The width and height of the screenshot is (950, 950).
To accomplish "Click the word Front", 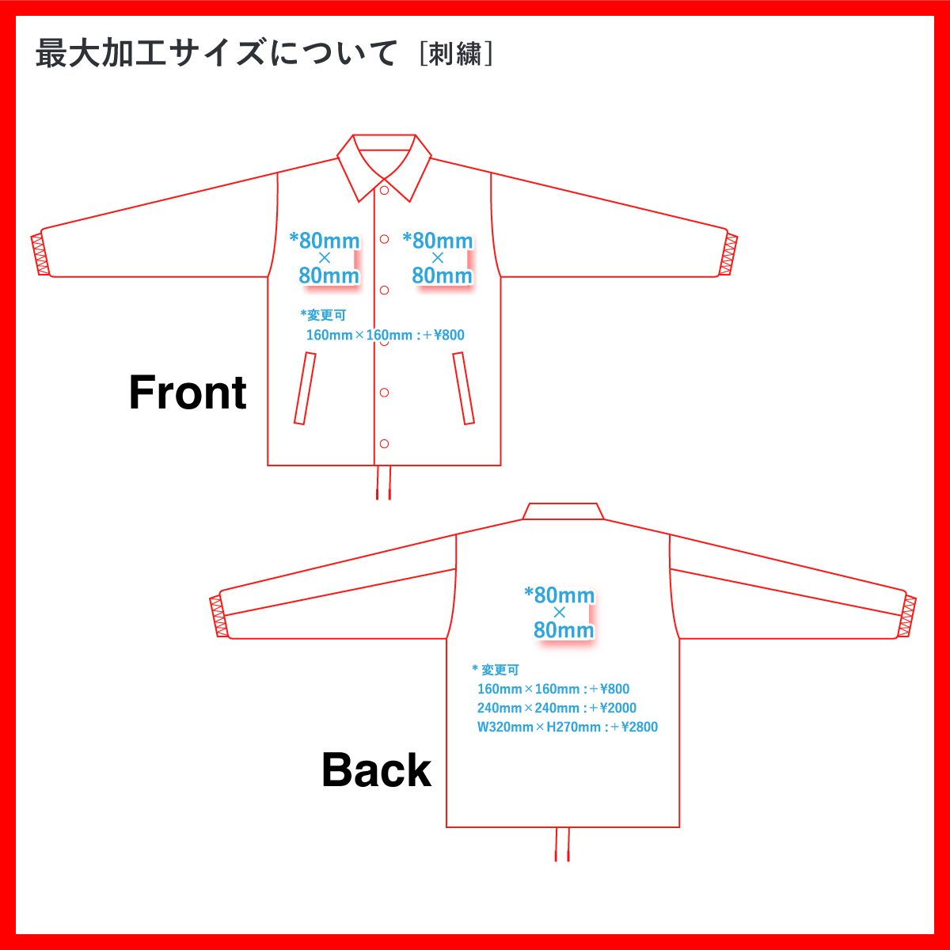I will [188, 393].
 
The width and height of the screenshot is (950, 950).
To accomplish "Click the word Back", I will [376, 770].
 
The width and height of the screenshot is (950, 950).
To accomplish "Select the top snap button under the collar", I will [384, 190].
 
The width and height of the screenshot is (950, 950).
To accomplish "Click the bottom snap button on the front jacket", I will [384, 443].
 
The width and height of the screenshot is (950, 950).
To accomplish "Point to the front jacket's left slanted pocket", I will [305, 388].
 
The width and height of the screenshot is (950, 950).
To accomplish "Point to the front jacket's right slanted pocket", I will [464, 388].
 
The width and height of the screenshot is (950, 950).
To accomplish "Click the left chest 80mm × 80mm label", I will [326, 258].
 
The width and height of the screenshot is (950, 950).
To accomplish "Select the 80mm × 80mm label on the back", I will [560, 613].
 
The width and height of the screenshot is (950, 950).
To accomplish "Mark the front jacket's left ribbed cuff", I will [40, 254].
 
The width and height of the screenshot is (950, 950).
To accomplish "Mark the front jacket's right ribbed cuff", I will [728, 255].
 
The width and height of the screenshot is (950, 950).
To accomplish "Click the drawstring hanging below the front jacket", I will [384, 482].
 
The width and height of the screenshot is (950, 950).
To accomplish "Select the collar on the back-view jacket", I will [564, 511].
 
